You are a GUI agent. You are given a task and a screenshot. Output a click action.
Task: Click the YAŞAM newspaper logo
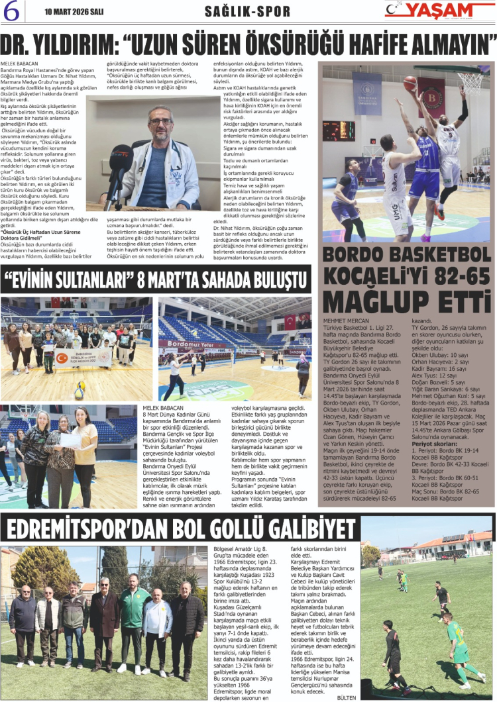point(437,10)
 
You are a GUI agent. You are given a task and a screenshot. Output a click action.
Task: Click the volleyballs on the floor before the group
point(80,391)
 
